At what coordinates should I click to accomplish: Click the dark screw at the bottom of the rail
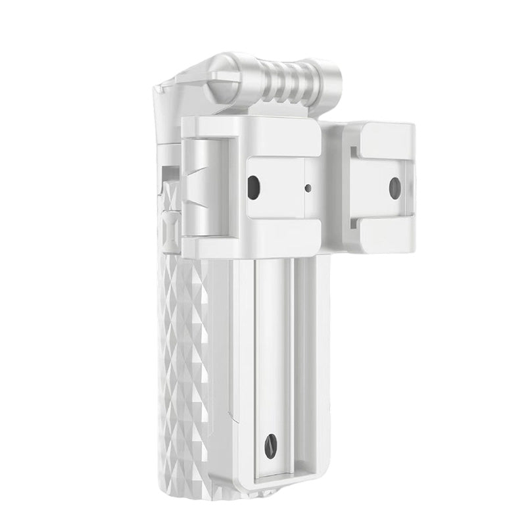coord(270,447)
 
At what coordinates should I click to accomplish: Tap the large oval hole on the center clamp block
coord(253,188)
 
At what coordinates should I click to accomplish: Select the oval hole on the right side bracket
coord(394,188)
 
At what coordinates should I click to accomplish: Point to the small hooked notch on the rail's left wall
coord(231,414)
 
